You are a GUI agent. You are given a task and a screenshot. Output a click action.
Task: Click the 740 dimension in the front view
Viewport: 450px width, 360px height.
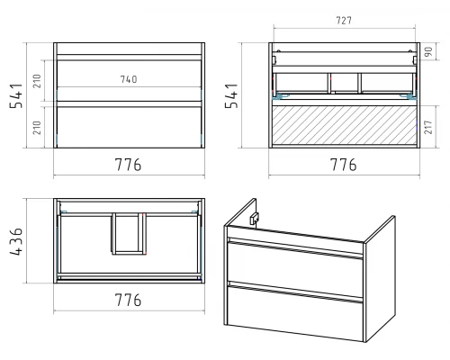click(x=129, y=79)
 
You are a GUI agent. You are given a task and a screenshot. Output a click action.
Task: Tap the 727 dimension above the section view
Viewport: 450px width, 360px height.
click(x=344, y=21)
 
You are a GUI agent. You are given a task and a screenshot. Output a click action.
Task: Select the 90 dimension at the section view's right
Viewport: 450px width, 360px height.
click(x=429, y=51)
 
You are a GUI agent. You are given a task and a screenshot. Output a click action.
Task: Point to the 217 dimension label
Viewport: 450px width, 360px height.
click(x=429, y=127)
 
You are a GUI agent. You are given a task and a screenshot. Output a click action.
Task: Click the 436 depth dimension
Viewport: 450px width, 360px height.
click(x=16, y=241)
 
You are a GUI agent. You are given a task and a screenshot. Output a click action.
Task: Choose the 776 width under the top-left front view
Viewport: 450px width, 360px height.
click(x=128, y=165)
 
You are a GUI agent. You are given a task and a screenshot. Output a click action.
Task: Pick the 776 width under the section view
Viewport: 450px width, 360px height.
click(x=344, y=165)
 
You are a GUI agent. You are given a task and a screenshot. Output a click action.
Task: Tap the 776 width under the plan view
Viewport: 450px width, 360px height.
click(x=128, y=300)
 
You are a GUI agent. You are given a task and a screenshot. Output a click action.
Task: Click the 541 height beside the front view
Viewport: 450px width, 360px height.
click(x=16, y=95)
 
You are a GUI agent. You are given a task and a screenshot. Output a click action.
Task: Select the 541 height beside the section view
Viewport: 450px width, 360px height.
click(x=231, y=95)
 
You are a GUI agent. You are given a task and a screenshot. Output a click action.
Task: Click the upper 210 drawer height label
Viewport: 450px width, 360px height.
click(x=37, y=81)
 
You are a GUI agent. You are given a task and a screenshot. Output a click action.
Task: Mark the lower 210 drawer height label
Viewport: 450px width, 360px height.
click(x=37, y=128)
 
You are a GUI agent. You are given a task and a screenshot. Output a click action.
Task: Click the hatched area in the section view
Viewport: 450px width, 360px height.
click(x=344, y=124)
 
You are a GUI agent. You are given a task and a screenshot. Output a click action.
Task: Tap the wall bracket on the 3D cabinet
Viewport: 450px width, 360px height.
click(x=255, y=219)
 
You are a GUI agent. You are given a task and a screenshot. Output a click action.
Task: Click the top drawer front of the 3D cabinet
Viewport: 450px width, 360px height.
click(x=295, y=264)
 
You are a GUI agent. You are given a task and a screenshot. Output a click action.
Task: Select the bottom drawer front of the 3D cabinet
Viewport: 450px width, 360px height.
click(x=295, y=312)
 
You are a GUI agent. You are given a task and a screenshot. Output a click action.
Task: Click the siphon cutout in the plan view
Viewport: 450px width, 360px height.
click(x=129, y=234)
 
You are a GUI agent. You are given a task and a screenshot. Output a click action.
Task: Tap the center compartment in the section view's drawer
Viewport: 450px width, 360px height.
click(x=345, y=83)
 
